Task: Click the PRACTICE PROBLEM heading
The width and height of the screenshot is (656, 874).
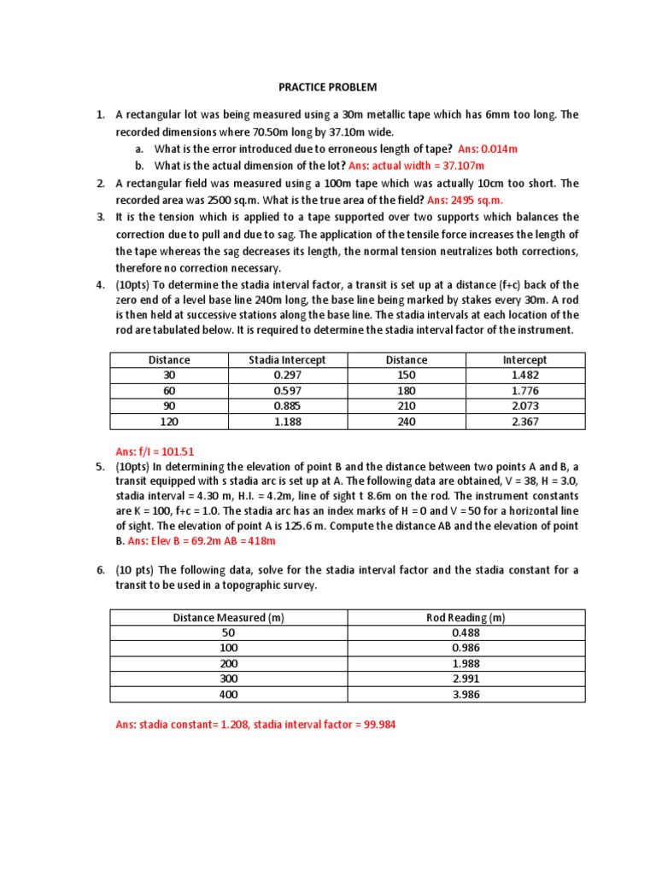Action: coord(328,88)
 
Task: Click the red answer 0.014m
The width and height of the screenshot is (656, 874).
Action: coord(499,149)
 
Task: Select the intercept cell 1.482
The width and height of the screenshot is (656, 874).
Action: coord(524,376)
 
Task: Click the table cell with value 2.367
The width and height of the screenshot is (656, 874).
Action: coord(524,421)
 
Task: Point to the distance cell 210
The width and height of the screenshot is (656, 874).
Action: coord(406,406)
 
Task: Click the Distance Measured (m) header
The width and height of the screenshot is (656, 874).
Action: coord(228,618)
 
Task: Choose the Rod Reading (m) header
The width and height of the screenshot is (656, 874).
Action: coord(466,618)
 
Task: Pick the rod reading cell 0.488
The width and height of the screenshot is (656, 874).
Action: coord(466,633)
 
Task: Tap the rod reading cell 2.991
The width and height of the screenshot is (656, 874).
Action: coord(466,679)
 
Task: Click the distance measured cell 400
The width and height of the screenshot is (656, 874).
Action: coord(228,695)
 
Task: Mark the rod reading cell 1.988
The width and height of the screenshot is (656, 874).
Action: coord(466,664)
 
